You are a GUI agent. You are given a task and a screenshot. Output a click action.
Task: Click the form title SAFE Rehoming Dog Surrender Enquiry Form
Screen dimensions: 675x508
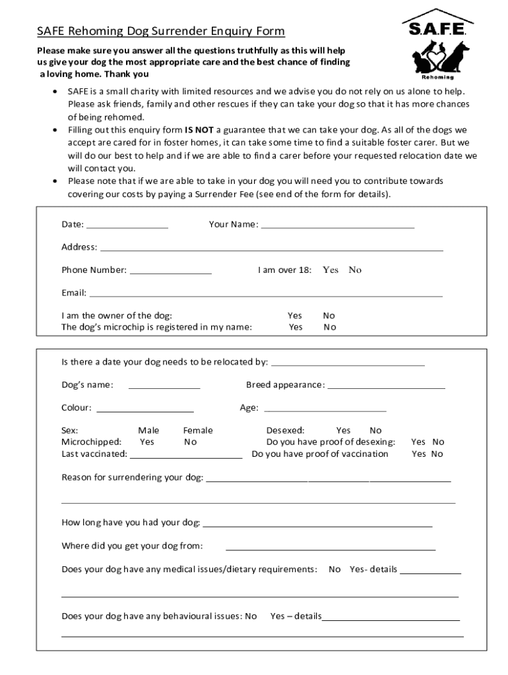[x=161, y=31]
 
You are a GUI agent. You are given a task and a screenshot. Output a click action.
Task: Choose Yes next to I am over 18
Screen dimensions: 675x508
[x=331, y=270]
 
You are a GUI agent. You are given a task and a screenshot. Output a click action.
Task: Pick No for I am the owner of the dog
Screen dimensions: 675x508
[x=329, y=316]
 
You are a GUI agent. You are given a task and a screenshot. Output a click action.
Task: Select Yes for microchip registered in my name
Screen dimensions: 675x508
[x=296, y=327]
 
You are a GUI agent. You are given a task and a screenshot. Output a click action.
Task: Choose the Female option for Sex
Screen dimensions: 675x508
[x=198, y=430]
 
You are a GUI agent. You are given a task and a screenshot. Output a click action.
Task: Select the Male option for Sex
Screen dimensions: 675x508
[x=148, y=430]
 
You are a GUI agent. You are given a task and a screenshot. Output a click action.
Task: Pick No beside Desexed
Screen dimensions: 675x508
[x=375, y=430]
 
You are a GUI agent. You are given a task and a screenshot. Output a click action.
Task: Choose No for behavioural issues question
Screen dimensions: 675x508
[x=251, y=616]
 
